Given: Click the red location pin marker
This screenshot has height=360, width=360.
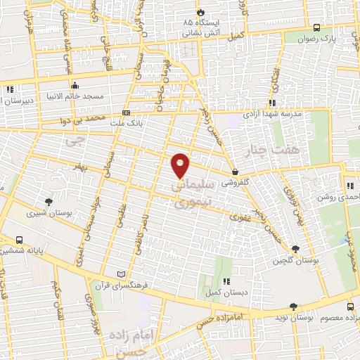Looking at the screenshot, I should pos(181,165).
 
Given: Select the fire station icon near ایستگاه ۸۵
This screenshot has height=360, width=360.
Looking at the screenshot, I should pos(201,12).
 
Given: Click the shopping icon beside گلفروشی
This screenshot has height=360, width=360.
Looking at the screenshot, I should pos(235,172).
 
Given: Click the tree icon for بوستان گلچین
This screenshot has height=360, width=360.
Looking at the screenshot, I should pos(295,248).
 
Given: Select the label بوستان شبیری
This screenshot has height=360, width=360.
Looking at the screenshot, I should pos(43,212).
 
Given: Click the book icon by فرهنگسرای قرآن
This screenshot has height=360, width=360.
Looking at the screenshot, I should pos(122,274).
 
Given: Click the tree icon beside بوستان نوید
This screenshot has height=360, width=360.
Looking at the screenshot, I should pos(293,307).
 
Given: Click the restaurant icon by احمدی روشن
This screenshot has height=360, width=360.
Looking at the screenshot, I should pos(350,186).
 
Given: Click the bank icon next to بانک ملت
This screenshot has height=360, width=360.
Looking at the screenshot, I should pos(126,112).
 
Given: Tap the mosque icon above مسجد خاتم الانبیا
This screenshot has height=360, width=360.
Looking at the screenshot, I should pos(75,84).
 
